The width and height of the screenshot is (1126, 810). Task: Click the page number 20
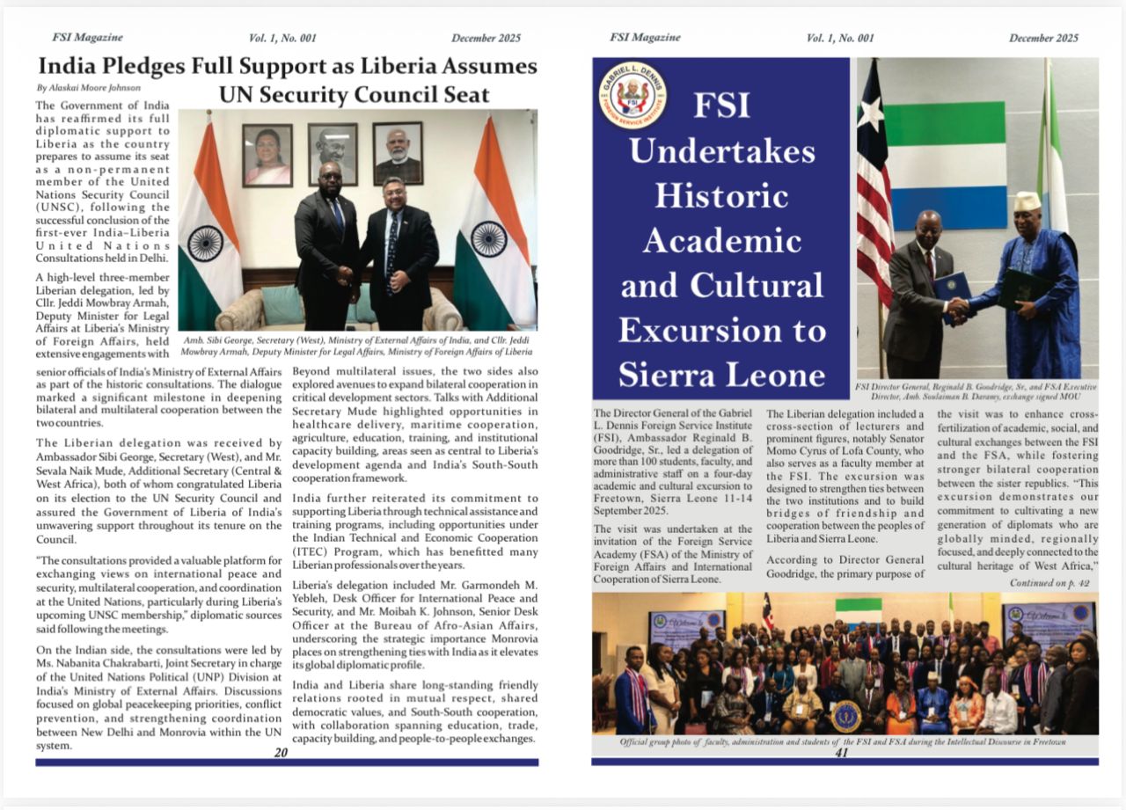coord(281,752)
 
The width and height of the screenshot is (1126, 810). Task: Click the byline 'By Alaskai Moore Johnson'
coord(88,88)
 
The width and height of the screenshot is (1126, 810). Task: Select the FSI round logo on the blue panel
coord(632,95)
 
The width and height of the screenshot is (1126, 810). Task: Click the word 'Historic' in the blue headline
coord(722,193)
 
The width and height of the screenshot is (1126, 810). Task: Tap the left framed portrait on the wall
coord(267,155)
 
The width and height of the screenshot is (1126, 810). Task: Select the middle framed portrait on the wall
coord(333,153)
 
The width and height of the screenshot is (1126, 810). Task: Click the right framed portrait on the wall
coord(398,153)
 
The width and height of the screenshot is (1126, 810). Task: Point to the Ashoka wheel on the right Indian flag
coord(488,238)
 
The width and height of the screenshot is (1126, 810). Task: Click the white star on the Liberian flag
coord(870,113)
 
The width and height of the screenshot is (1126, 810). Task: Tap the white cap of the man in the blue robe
coord(1026,201)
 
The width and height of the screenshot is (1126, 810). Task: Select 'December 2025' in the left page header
coord(486,38)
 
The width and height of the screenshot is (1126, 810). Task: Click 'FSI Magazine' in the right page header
coord(645,37)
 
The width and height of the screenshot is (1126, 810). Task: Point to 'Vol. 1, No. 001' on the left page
coord(283,38)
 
